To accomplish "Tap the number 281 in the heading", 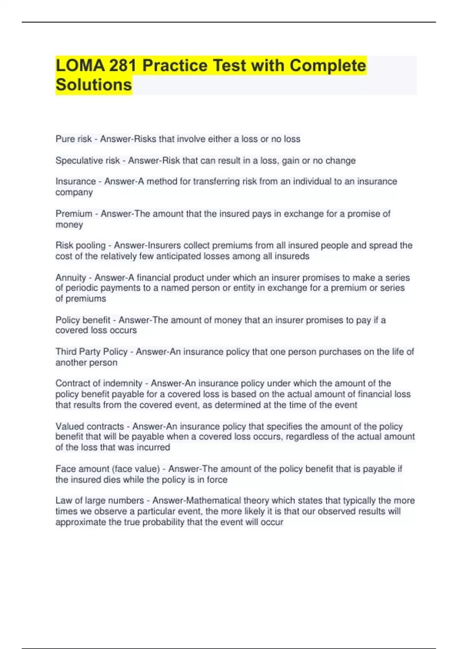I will (x=123, y=65).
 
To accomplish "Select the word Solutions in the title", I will (x=94, y=85).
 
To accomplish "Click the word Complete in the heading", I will (x=328, y=65).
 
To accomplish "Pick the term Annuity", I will (x=71, y=278).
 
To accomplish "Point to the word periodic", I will (x=86, y=288).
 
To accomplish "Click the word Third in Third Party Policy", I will (x=66, y=352).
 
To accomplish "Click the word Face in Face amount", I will (x=66, y=469).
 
